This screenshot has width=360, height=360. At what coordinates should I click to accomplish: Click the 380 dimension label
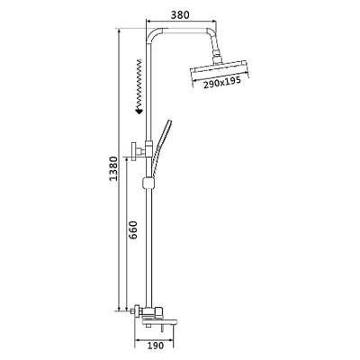coord(180,14)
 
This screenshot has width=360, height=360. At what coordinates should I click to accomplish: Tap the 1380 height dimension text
coord(113,168)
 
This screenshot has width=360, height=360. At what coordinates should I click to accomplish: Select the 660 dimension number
coord(132,230)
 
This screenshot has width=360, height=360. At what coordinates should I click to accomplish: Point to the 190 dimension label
coord(156,346)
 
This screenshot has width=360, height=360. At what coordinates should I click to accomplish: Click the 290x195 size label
coord(222,83)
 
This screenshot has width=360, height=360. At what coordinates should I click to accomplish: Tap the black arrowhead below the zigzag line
coord(139,111)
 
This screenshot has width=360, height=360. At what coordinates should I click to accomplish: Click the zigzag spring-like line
coord(139,84)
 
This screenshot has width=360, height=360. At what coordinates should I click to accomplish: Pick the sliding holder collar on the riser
coord(148,183)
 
